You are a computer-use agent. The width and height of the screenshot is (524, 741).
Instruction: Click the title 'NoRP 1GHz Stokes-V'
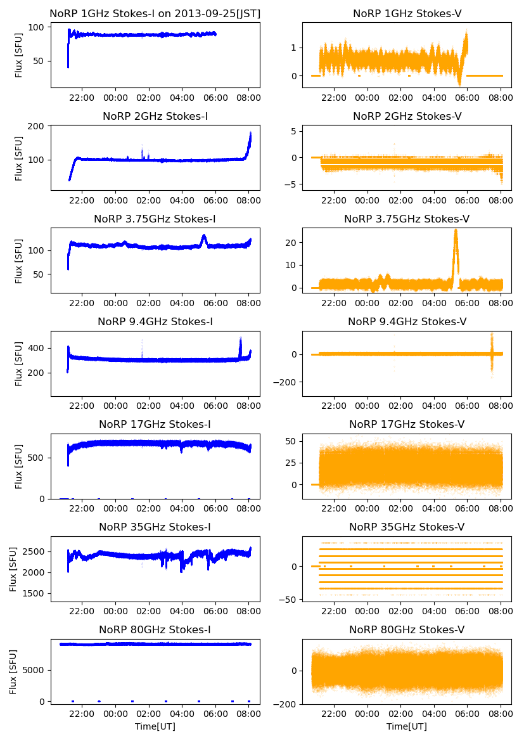(x=407, y=13)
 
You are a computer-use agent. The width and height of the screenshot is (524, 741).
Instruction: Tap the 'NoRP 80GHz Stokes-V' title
(x=407, y=629)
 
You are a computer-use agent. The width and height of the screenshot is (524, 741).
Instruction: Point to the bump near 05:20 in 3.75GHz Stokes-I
(x=204, y=238)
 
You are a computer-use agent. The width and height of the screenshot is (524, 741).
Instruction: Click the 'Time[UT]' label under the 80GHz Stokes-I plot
(x=155, y=726)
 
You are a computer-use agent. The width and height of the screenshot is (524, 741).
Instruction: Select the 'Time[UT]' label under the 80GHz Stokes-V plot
(x=407, y=726)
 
